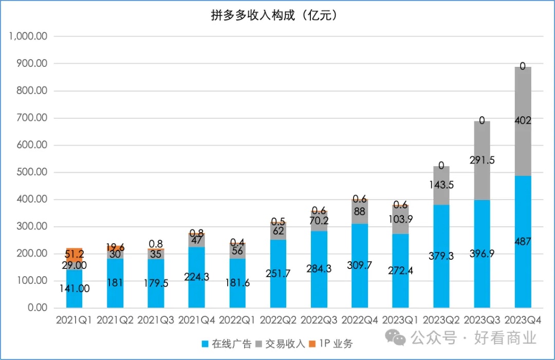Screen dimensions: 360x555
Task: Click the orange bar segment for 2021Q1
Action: tap(75, 251)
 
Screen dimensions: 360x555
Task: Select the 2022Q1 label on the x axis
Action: tap(237, 320)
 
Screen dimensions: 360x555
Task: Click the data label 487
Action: tap(523, 242)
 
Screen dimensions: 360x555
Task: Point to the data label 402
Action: tap(523, 121)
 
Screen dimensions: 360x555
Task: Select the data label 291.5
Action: tap(482, 160)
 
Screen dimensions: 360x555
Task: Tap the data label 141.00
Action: tap(75, 289)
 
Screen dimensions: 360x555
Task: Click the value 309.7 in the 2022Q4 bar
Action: tap(360, 265)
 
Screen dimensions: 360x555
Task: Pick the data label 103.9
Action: tap(400, 219)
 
